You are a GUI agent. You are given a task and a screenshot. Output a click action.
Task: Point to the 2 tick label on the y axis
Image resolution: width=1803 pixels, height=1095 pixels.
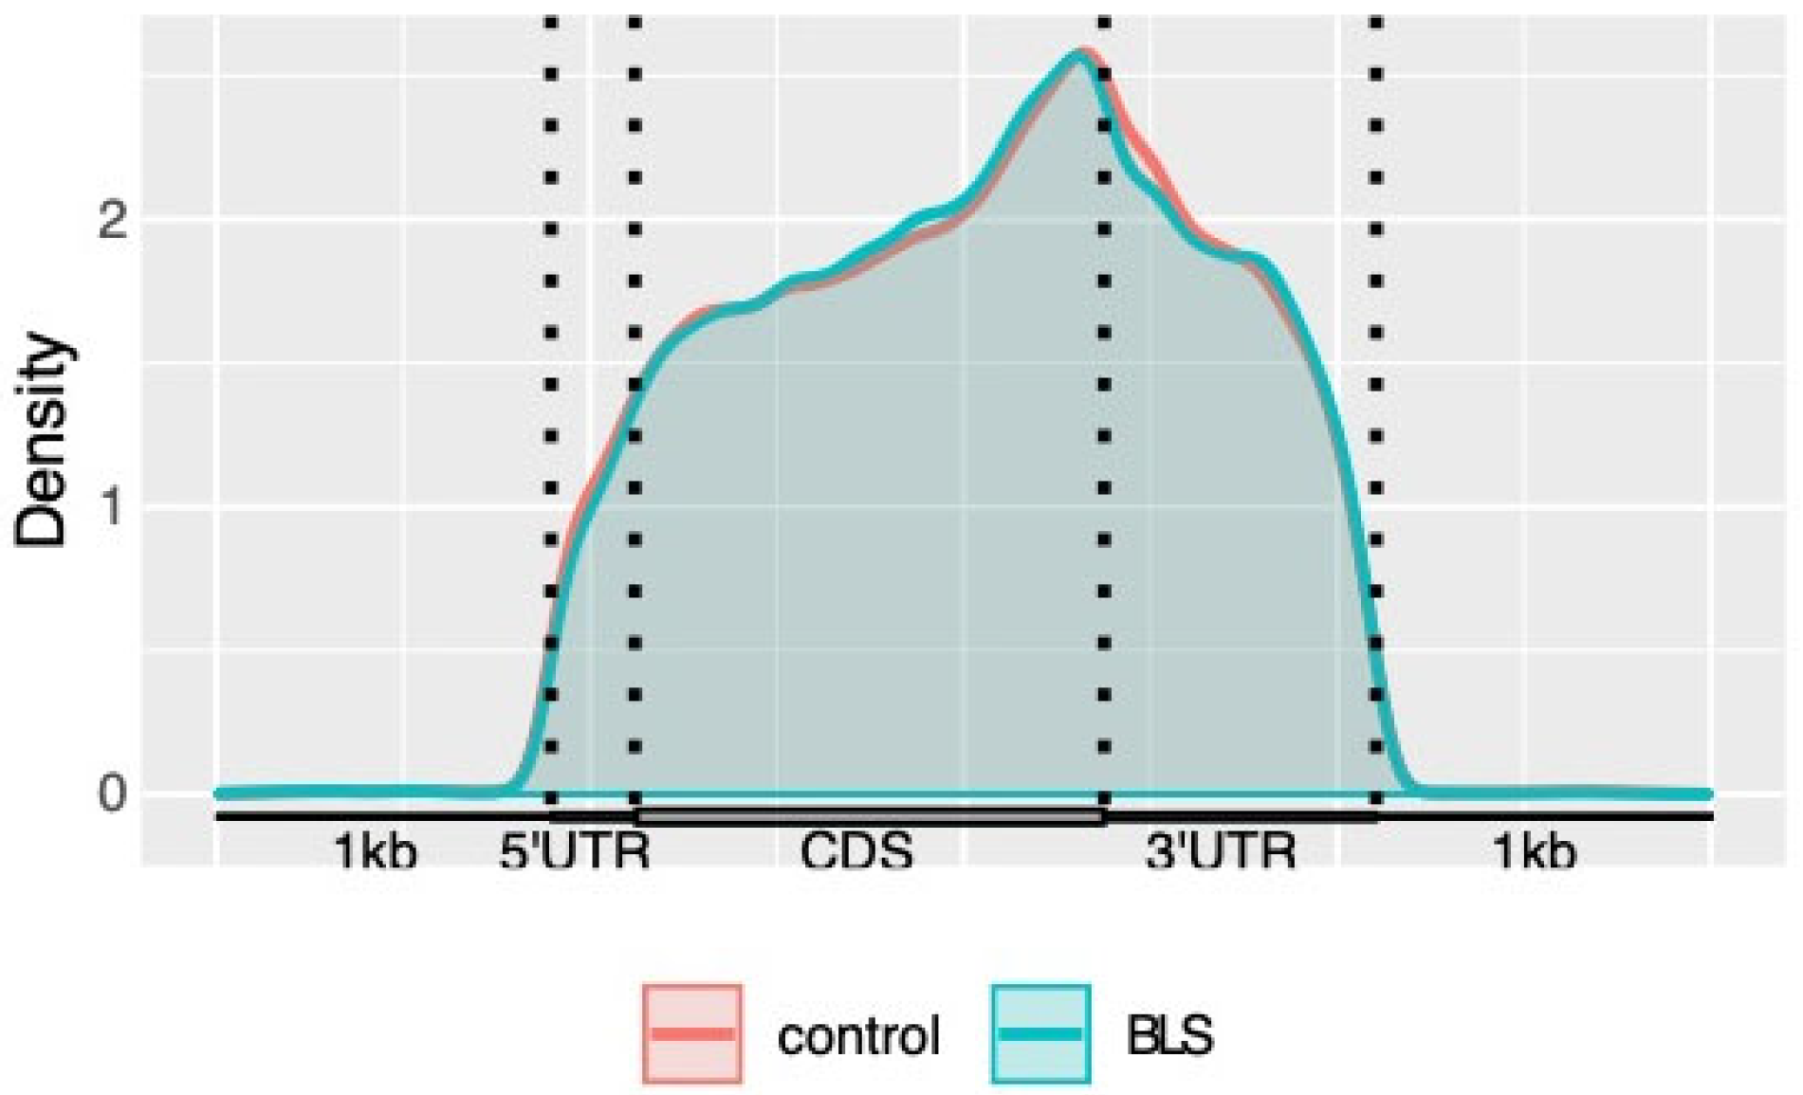click(114, 220)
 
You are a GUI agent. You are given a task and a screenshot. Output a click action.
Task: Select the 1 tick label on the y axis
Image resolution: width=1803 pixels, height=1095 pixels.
click(114, 508)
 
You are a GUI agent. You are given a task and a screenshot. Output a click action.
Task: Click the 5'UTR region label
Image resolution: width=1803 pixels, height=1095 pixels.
click(575, 851)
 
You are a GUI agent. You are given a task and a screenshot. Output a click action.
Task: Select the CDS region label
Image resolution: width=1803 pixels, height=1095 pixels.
click(856, 851)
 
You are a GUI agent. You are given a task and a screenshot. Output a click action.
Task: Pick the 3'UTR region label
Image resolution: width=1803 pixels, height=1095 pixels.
click(1220, 851)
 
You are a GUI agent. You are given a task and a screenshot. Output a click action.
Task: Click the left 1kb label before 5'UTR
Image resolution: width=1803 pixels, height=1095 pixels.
click(376, 851)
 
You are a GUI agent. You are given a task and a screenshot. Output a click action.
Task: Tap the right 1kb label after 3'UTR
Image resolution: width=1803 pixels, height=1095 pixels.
click(1535, 851)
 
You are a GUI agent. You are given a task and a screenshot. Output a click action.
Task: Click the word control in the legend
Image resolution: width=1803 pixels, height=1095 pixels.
click(858, 1035)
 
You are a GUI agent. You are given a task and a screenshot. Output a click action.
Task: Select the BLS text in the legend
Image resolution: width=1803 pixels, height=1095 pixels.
click(1169, 1035)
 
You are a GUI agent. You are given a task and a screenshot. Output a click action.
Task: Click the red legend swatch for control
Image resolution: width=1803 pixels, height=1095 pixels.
click(692, 1033)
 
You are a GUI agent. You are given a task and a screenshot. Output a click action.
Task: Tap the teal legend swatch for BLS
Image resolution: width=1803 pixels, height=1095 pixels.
click(1040, 1033)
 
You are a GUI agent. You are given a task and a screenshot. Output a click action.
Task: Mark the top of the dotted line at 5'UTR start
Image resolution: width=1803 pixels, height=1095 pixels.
click(552, 21)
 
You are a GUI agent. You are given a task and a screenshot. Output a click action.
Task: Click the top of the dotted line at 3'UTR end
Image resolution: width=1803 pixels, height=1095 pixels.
click(1376, 21)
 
